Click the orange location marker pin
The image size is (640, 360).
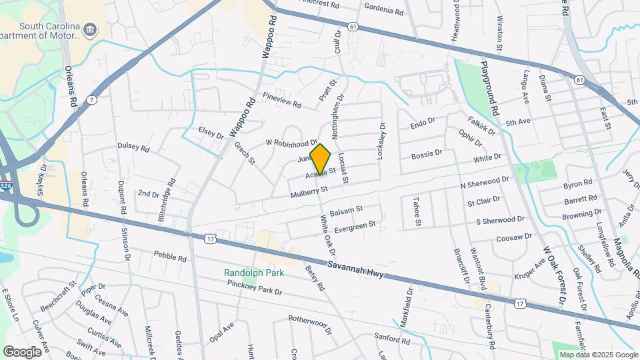pyautogui.click(x=321, y=159)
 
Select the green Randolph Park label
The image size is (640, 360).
pyautogui.click(x=253, y=273)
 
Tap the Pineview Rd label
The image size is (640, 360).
pyautogui.click(x=282, y=101)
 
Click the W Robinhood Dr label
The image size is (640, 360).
pyautogui.click(x=291, y=143)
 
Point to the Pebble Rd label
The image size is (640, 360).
pyautogui.click(x=168, y=255)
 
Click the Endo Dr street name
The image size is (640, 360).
pyautogui.click(x=423, y=125)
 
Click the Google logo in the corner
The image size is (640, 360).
pyautogui.click(x=22, y=351)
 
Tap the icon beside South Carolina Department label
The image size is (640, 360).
pyautogui.click(x=91, y=29)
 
